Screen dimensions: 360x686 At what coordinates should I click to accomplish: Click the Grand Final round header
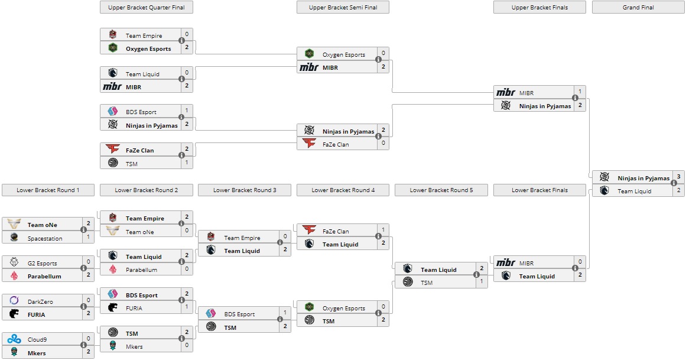[x=638, y=7]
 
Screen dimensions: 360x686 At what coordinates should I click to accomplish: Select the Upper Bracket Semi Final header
[x=343, y=7]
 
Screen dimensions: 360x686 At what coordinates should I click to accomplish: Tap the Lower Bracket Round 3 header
[x=245, y=190]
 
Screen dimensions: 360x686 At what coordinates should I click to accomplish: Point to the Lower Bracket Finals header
[x=539, y=190]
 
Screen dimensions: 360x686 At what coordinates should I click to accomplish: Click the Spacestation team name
[x=45, y=238]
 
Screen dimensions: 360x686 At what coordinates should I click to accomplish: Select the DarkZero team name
[x=40, y=301]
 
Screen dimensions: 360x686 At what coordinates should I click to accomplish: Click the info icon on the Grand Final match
[x=674, y=183]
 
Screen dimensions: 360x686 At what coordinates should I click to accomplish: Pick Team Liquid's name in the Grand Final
[x=634, y=191]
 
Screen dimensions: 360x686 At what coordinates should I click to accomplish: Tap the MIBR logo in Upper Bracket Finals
[x=506, y=93]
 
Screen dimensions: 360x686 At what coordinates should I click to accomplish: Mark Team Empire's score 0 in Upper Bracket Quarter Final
[x=187, y=35]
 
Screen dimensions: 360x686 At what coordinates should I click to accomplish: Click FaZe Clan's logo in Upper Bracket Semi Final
[x=309, y=144]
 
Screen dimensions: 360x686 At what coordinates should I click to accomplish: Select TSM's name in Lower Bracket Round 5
[x=427, y=283]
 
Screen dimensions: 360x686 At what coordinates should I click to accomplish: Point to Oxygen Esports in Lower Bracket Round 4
[x=344, y=308]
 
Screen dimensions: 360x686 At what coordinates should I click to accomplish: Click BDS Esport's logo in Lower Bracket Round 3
[x=211, y=314]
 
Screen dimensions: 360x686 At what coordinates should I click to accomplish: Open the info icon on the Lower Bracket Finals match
[x=575, y=270]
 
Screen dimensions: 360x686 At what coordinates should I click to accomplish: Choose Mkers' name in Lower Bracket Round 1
[x=37, y=353]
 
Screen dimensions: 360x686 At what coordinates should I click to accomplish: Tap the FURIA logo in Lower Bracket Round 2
[x=113, y=307]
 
